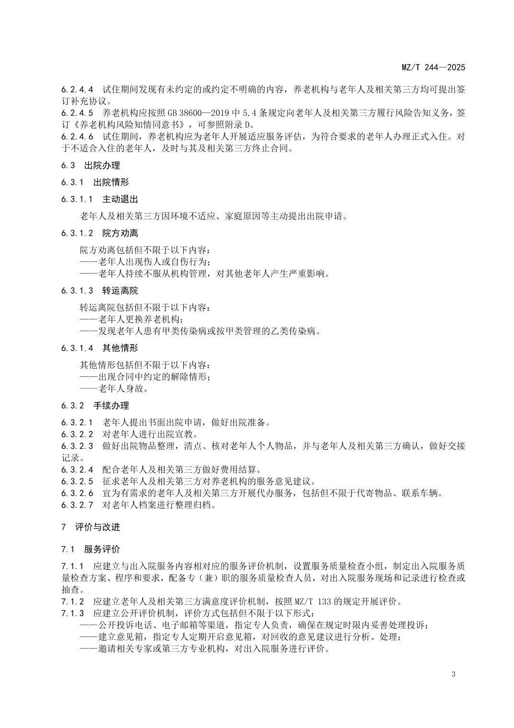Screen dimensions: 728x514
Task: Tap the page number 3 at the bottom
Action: click(453, 674)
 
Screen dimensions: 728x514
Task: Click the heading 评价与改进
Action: click(98, 527)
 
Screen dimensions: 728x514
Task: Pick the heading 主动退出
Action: click(120, 199)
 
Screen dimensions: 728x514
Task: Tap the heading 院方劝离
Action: click(120, 233)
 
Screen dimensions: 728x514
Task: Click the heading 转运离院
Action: click(120, 291)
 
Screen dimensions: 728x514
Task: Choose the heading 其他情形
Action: click(120, 348)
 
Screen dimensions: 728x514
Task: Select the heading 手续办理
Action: click(111, 406)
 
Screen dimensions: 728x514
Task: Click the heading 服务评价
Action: click(102, 549)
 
